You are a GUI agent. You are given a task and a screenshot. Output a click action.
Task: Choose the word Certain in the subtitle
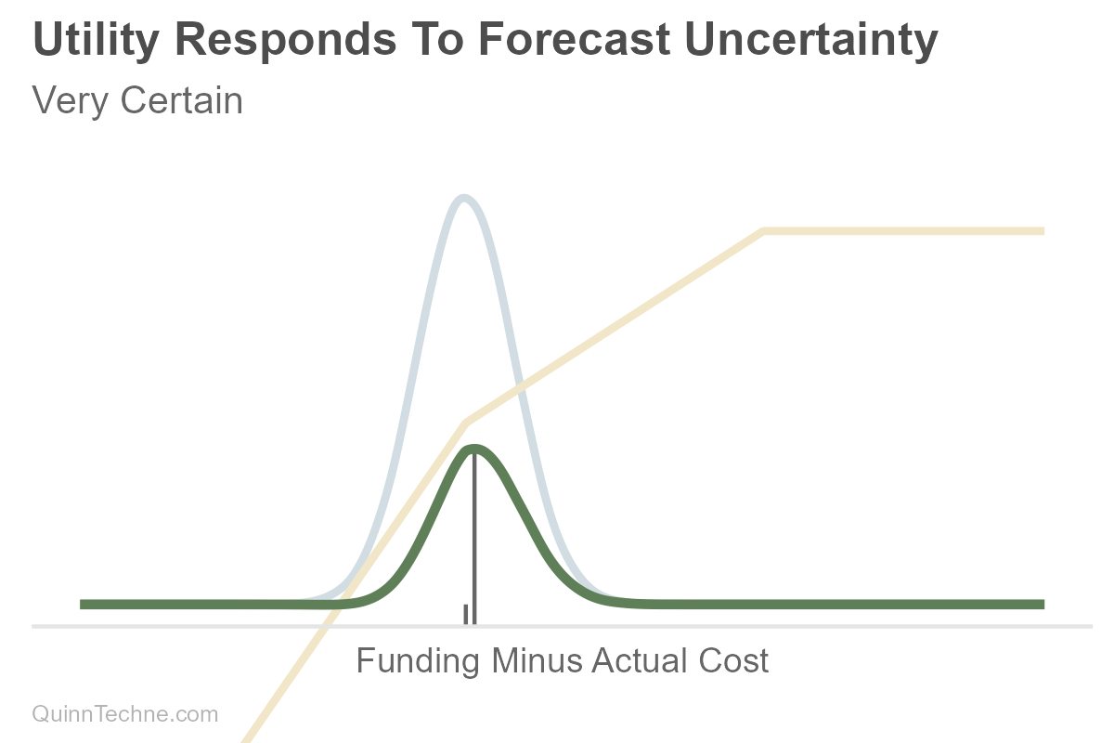(x=182, y=100)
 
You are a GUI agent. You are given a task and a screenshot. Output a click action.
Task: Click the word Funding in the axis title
(x=419, y=661)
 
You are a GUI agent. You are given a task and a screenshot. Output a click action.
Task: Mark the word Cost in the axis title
(x=738, y=661)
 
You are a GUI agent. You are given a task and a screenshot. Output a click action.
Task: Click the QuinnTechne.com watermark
(x=125, y=714)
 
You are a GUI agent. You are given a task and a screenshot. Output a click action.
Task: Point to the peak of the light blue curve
(x=463, y=198)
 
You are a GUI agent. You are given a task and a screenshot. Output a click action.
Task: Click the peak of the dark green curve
(x=474, y=449)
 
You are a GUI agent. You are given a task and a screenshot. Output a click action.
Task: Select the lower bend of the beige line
(x=466, y=423)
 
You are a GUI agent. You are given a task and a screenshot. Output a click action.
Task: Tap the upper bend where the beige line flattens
(x=763, y=231)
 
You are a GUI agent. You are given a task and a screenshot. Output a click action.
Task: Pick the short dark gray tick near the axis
(x=466, y=614)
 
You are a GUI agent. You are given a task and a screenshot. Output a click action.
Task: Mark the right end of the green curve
(x=1042, y=605)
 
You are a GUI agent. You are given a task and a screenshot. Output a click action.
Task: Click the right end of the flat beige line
(x=1042, y=231)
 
